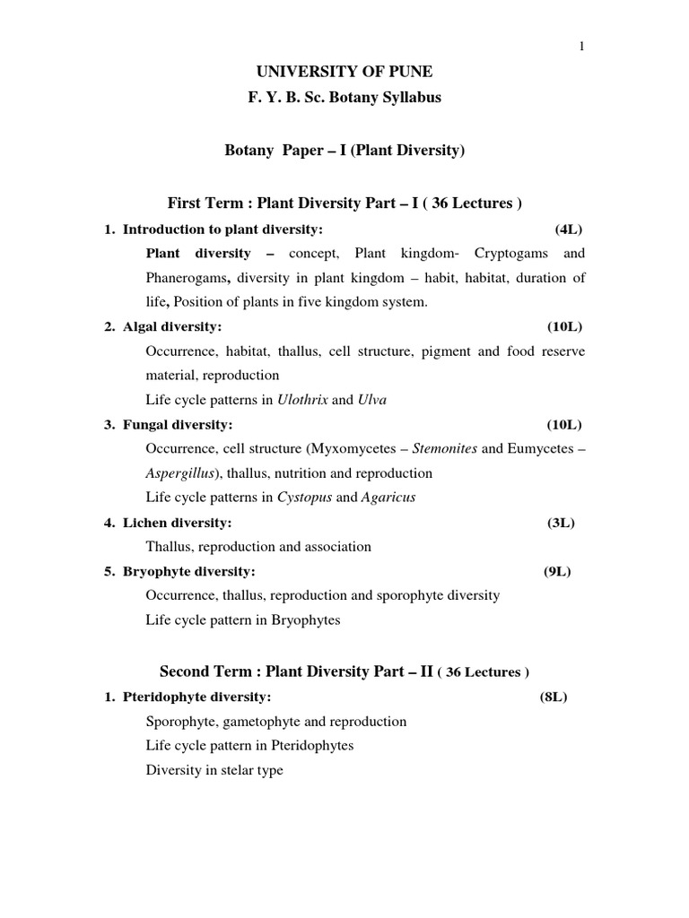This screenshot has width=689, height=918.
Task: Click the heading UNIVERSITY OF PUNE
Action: (x=344, y=72)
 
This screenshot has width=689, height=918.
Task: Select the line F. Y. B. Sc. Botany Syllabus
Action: (x=344, y=98)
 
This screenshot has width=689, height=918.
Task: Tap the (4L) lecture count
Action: (x=569, y=229)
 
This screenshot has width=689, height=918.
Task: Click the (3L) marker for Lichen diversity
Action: (x=561, y=522)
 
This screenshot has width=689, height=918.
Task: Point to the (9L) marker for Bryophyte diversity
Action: (x=557, y=571)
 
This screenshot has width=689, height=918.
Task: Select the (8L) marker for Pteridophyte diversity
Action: (x=554, y=697)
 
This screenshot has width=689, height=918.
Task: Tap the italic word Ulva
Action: (x=372, y=400)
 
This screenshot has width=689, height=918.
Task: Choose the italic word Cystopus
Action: (x=301, y=498)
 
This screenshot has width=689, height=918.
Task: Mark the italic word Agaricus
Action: (x=388, y=498)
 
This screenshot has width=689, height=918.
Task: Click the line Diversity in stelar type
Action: (x=214, y=770)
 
